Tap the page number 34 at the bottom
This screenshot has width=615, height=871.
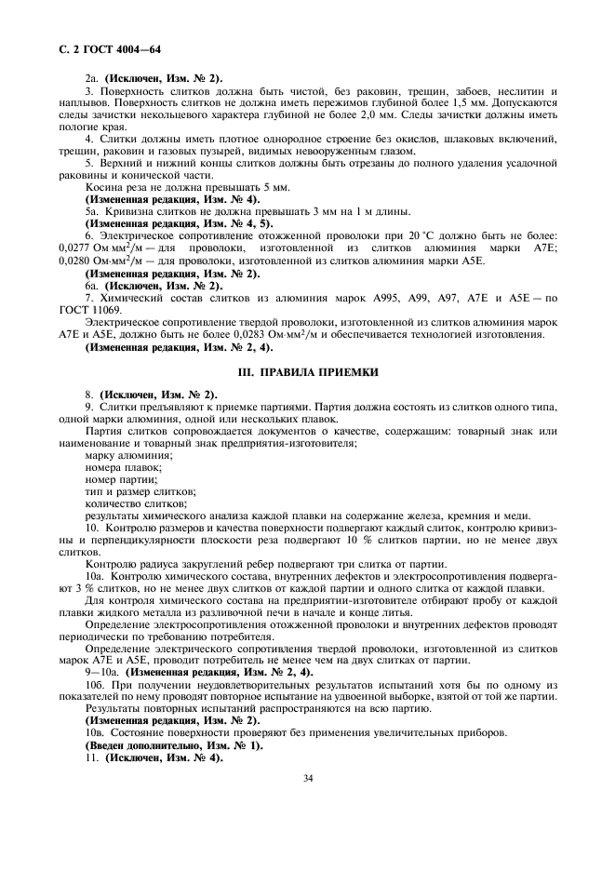click(x=307, y=778)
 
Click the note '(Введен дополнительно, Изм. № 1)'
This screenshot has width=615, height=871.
click(x=174, y=745)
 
